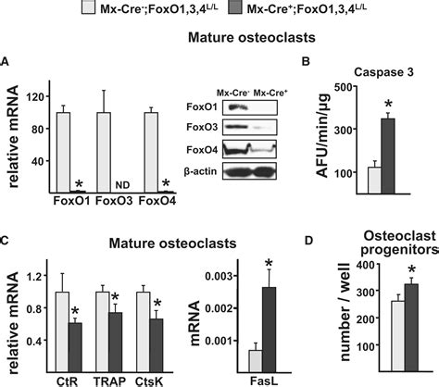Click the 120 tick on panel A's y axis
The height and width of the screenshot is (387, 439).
(37, 95)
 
